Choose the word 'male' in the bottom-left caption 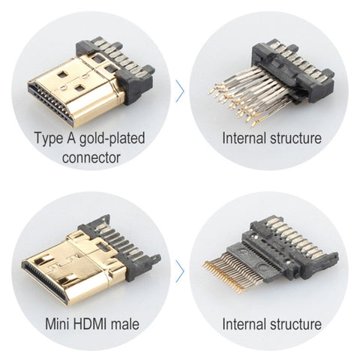coord(125,324)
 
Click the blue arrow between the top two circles coord(180,91)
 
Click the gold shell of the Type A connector coord(82,82)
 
